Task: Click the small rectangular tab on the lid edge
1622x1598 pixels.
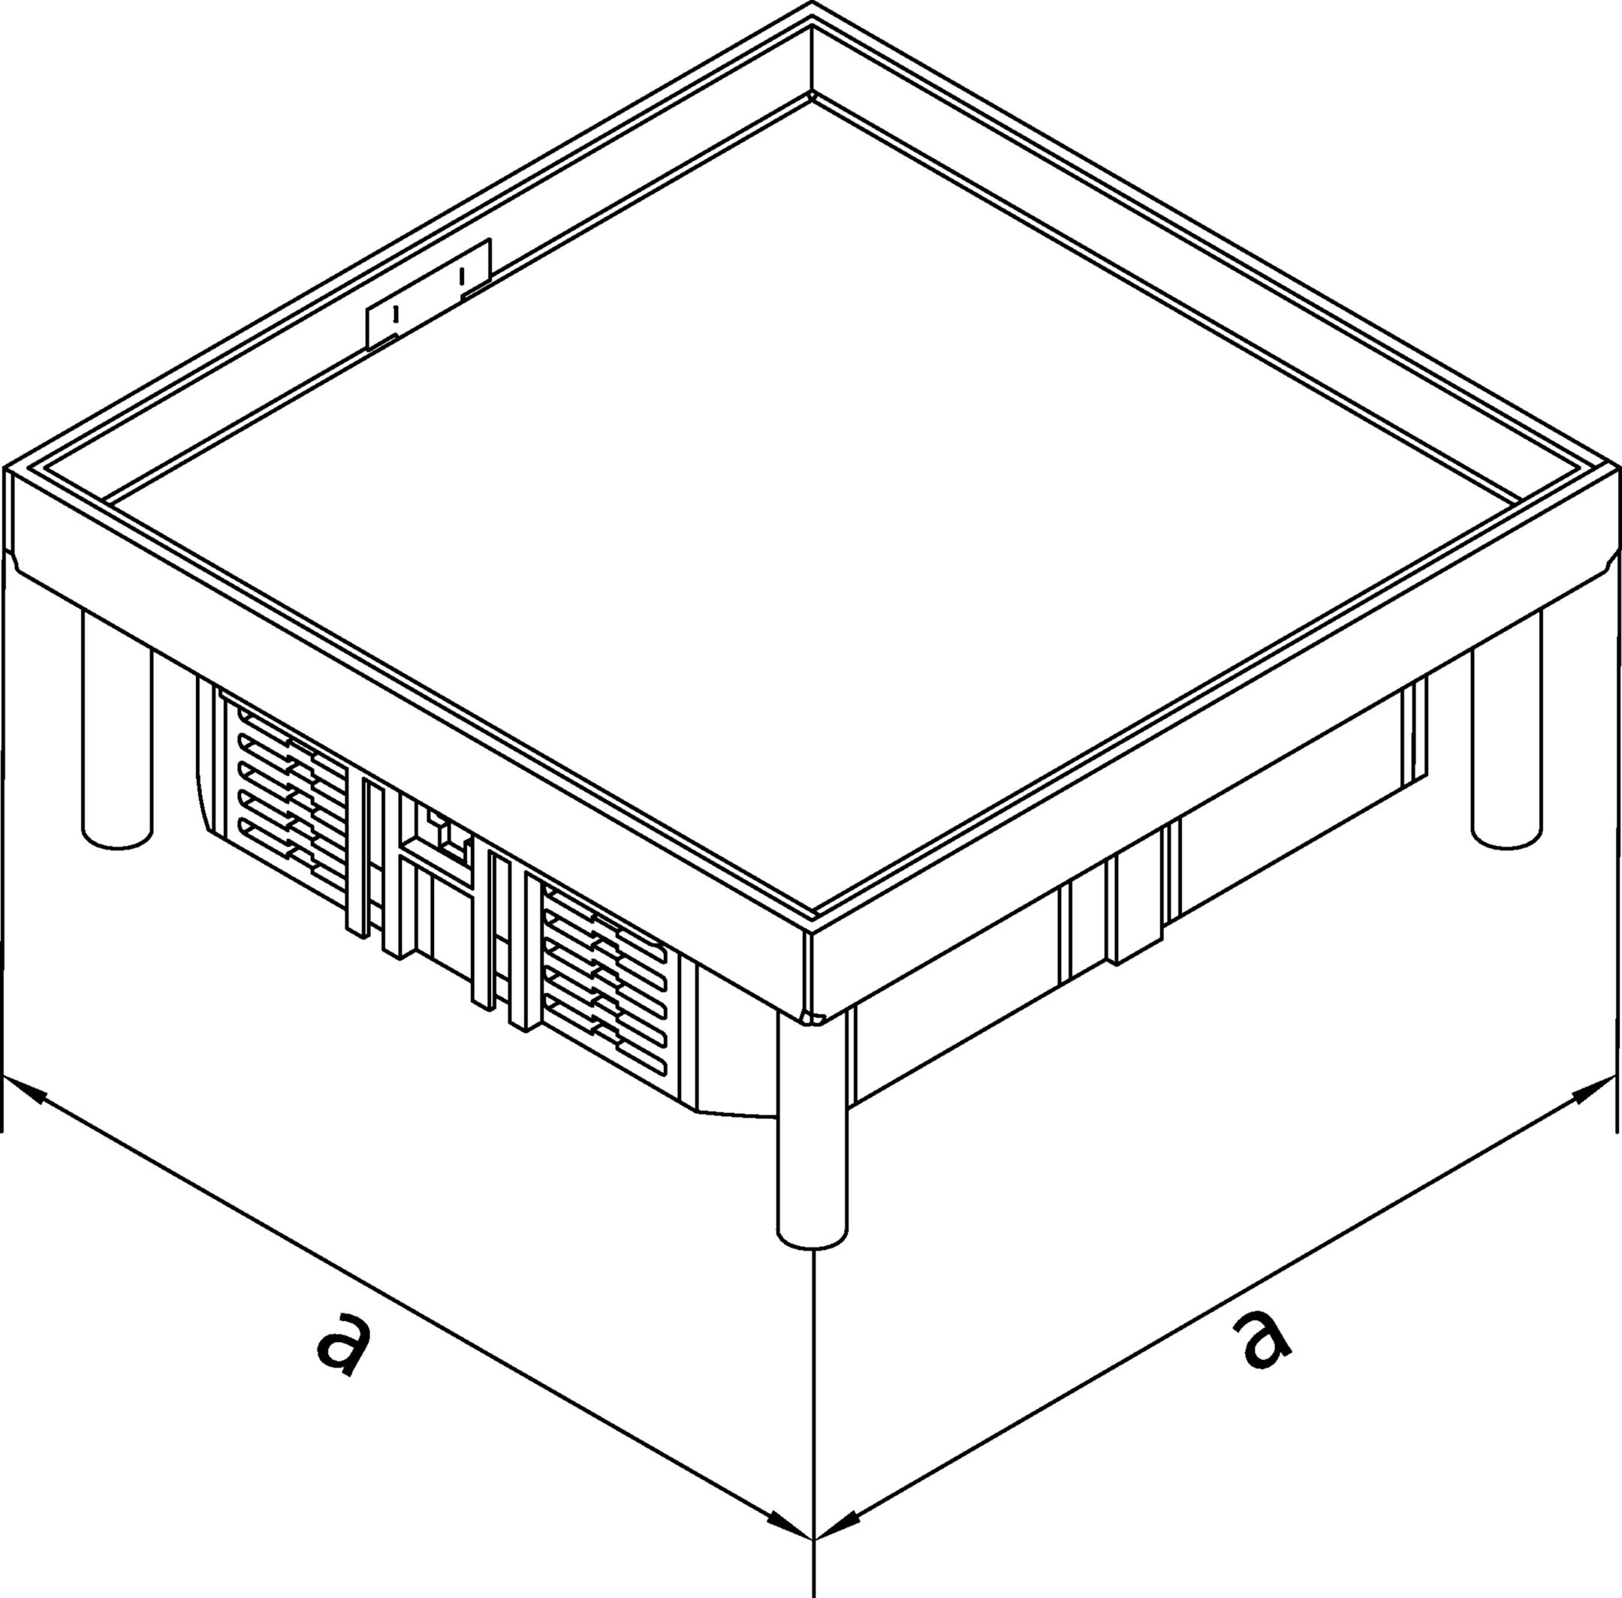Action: point(427,293)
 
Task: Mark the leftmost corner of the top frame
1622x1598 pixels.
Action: point(5,467)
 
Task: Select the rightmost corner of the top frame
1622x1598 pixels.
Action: point(1617,467)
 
